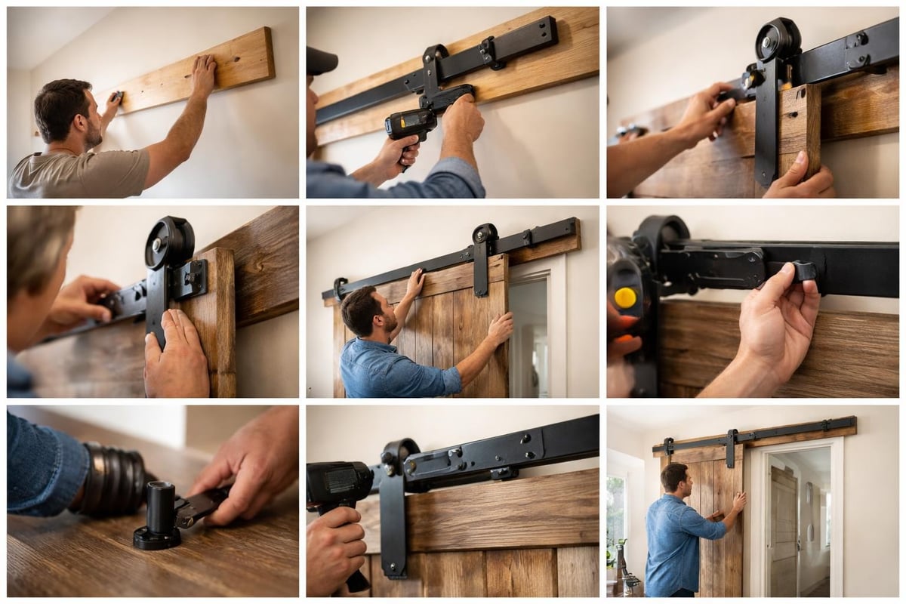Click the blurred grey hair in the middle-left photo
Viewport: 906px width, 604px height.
(38, 242)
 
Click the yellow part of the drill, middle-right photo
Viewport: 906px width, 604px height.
(625, 297)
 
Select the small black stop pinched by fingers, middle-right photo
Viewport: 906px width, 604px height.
(802, 271)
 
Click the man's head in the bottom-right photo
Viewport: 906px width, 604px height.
(673, 478)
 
